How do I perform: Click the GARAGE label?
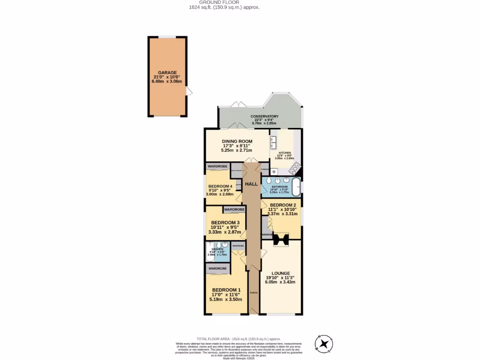click(167, 73)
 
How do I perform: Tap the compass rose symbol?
click(323, 345)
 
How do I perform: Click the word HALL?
click(251, 184)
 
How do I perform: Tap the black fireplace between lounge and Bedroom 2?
click(282, 239)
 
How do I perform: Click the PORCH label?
click(254, 293)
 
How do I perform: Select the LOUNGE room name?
click(281, 273)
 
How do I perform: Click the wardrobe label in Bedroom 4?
click(217, 166)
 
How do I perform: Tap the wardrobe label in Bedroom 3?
click(234, 210)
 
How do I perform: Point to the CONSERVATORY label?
click(264, 116)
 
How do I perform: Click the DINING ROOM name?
click(237, 141)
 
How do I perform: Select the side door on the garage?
click(189, 91)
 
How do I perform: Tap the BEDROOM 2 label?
click(283, 205)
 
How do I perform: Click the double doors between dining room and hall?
click(251, 161)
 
